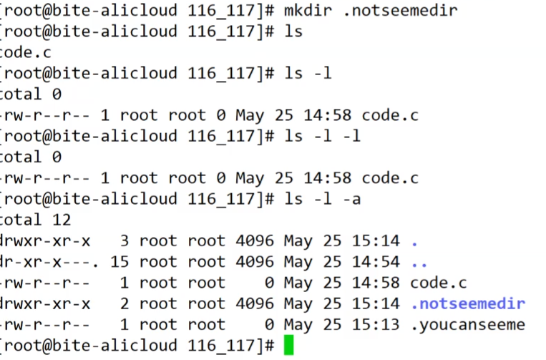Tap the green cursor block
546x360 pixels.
pos(288,346)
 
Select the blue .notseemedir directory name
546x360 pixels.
pos(468,303)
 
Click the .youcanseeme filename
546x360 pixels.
pos(468,325)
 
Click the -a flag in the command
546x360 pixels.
pos(351,199)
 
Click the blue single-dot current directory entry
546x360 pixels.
pos(414,240)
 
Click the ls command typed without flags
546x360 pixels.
pos(294,31)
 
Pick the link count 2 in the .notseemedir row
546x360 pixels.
pos(124,303)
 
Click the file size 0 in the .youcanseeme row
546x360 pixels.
pos(268,325)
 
